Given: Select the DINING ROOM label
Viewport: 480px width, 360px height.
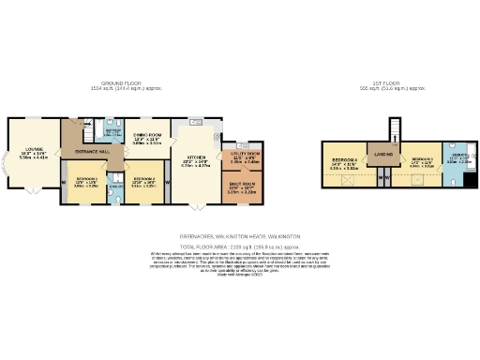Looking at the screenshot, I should click(x=145, y=137).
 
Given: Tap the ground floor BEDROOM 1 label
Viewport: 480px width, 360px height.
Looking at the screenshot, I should click(x=86, y=178).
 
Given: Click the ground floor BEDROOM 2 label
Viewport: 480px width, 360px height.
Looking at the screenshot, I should click(x=143, y=178).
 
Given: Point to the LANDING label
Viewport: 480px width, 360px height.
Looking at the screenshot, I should click(x=383, y=153).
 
